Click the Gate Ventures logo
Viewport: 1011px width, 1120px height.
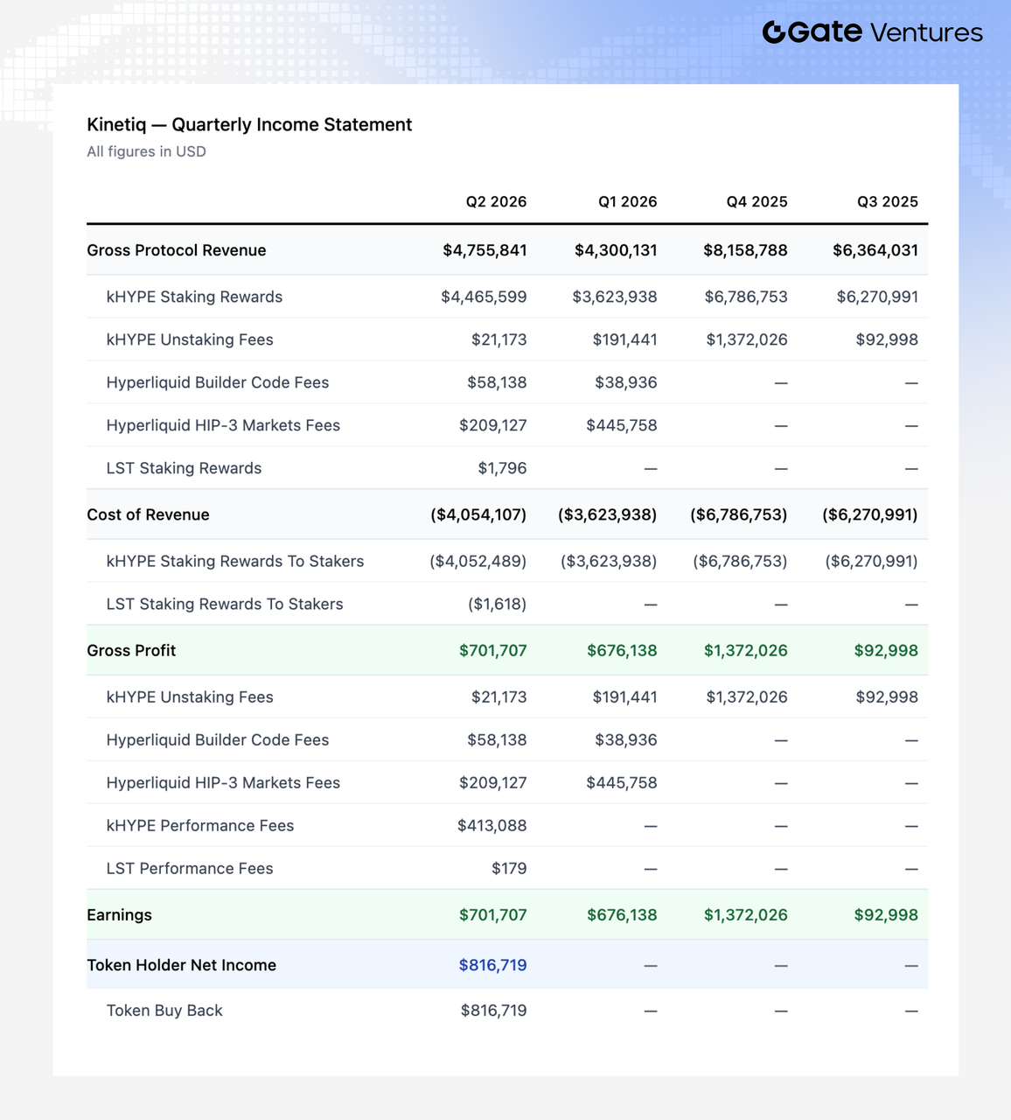point(873,32)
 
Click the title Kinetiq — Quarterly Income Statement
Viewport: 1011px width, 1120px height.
point(249,124)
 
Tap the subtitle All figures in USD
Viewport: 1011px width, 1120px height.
point(146,152)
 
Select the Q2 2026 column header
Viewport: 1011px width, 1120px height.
point(496,201)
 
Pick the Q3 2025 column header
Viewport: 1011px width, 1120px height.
point(888,201)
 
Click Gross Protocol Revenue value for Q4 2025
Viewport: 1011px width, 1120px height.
point(745,250)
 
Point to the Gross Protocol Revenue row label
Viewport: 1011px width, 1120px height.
point(177,250)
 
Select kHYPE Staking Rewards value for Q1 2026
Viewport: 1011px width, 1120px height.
point(615,297)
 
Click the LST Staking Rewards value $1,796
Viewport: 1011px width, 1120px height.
point(502,468)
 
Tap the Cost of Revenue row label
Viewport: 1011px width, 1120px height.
point(148,514)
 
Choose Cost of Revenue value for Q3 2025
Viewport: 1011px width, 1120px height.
point(870,514)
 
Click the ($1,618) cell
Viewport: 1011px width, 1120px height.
point(497,604)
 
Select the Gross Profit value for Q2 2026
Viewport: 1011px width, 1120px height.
point(493,650)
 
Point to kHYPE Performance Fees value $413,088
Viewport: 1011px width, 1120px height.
point(492,825)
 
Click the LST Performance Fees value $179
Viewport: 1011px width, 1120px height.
point(509,868)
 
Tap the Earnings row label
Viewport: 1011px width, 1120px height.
point(120,914)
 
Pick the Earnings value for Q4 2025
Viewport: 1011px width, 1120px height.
point(745,914)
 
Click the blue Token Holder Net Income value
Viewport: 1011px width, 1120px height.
point(493,965)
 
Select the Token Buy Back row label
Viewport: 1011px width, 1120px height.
point(164,1011)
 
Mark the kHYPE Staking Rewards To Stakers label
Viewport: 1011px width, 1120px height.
point(235,561)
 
